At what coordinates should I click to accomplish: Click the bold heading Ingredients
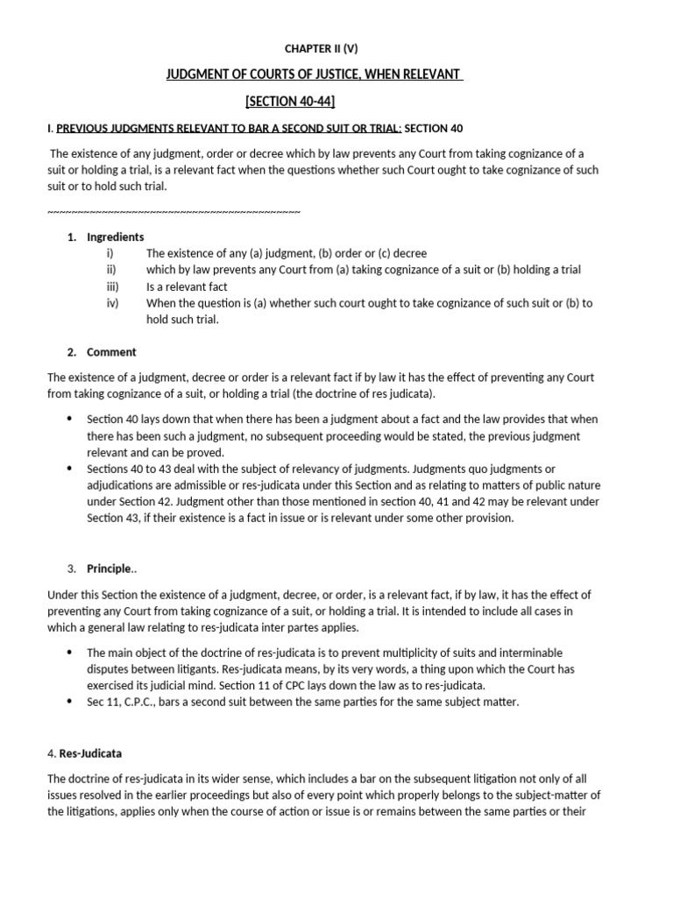point(116,237)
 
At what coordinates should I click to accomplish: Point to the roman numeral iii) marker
point(112,286)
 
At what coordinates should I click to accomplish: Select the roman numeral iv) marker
point(112,303)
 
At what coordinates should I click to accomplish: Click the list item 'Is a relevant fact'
point(187,286)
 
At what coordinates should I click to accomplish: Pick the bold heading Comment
point(111,352)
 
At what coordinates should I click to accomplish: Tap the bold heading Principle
point(109,569)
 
